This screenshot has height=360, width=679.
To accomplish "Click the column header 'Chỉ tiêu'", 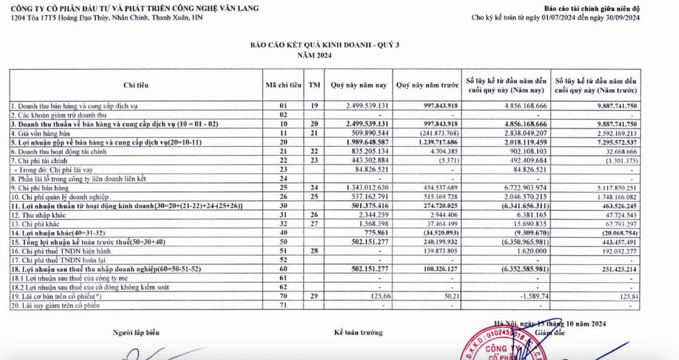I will tap(136, 85).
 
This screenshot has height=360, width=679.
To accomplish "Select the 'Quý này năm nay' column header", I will tap(359, 85).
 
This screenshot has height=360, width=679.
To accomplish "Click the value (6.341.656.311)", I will tap(519, 206).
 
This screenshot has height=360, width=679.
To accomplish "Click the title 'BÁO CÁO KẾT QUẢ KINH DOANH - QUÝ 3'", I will tap(325, 45).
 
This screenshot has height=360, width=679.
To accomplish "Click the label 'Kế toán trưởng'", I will tap(358, 332).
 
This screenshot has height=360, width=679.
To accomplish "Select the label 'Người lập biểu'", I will tap(135, 332).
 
